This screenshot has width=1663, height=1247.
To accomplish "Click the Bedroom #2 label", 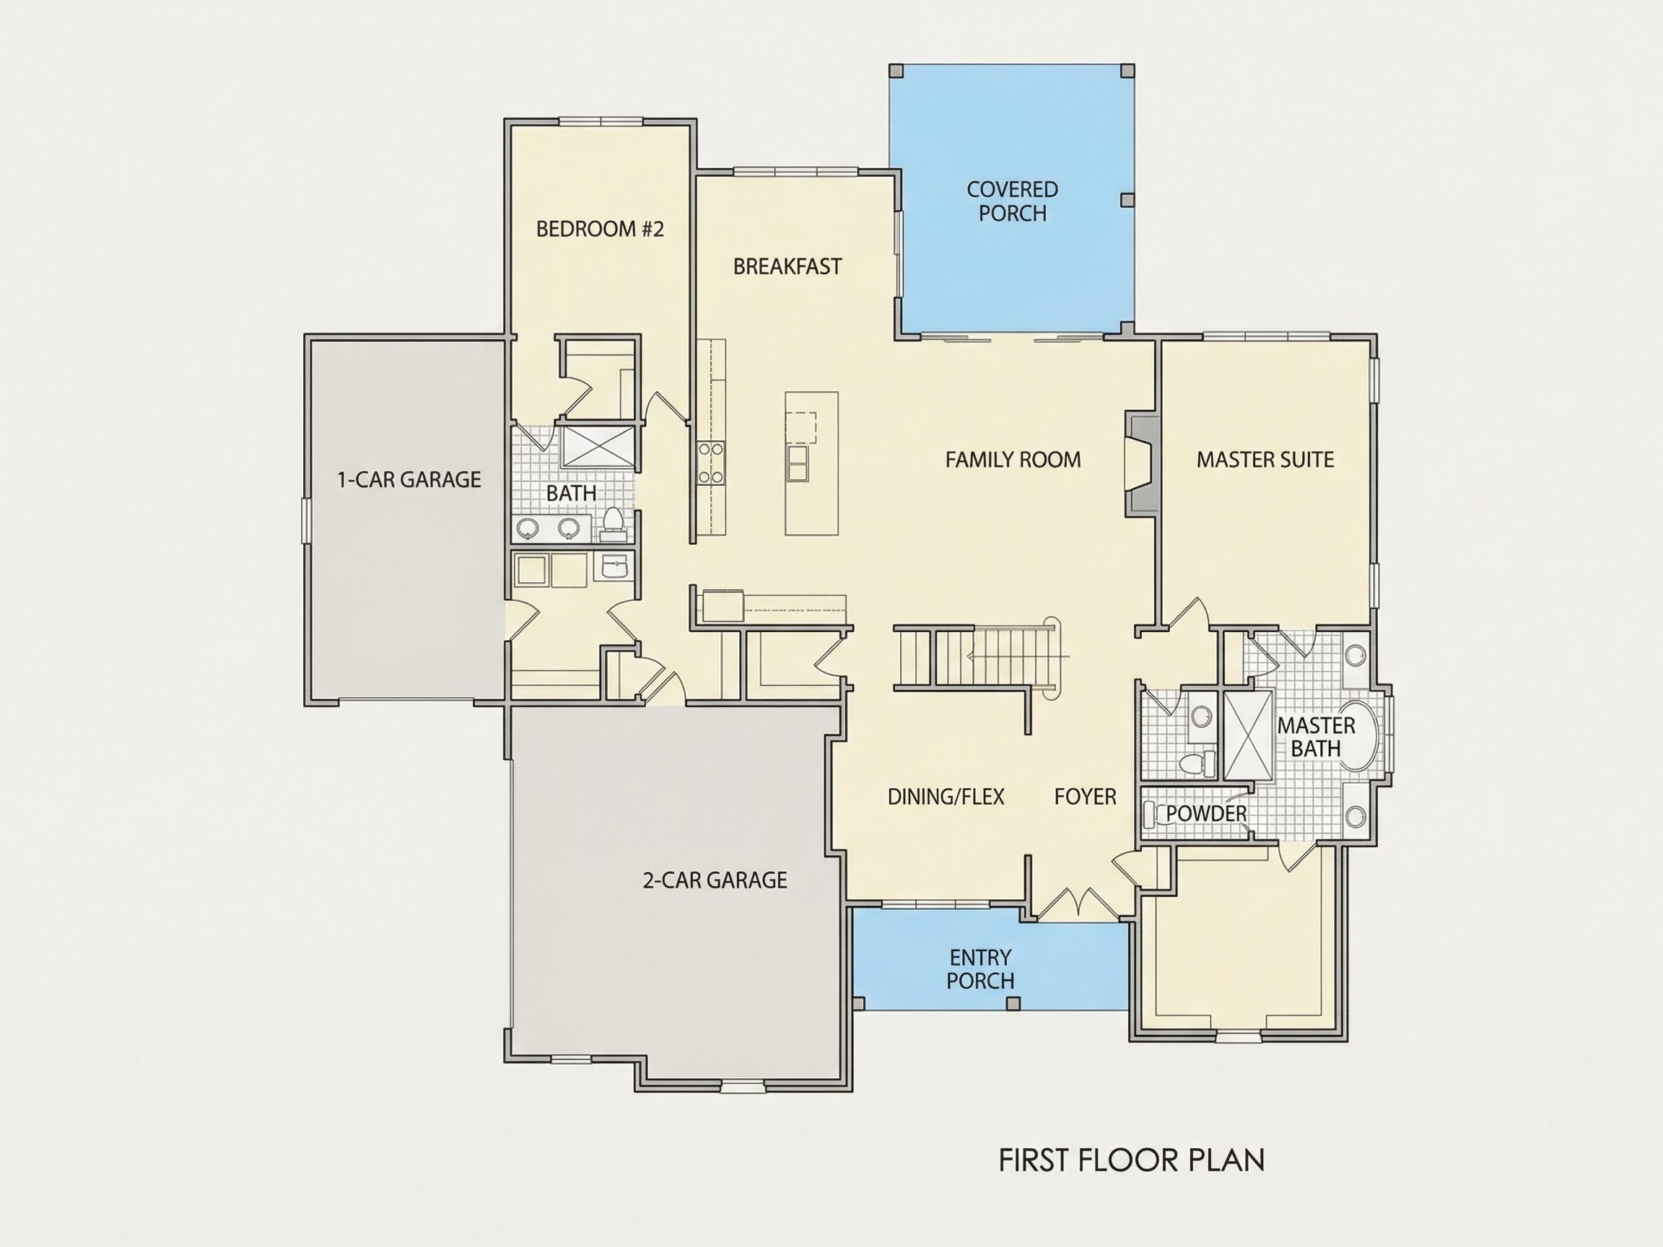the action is point(600,229).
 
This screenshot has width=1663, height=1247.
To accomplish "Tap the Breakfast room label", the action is point(787,266).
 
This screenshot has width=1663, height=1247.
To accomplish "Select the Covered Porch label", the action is point(1012,201).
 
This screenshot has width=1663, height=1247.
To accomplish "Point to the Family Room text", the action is point(1013,459).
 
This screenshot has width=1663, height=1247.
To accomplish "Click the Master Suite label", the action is point(1265,459).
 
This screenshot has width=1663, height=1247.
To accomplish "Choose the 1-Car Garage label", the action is point(409,478).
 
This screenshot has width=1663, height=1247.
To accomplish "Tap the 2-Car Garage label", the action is point(715,880).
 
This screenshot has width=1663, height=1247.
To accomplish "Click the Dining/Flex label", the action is point(946,796).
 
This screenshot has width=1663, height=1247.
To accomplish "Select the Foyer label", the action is point(1085,796).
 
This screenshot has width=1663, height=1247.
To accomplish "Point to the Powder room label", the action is point(1206,813).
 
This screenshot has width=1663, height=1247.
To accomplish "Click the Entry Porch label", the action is point(980,969).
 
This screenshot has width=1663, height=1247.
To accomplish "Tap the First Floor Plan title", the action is point(1132,1160).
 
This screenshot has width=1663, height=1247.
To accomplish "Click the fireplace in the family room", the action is point(1140,464).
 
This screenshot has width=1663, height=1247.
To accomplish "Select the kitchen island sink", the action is point(798,463).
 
